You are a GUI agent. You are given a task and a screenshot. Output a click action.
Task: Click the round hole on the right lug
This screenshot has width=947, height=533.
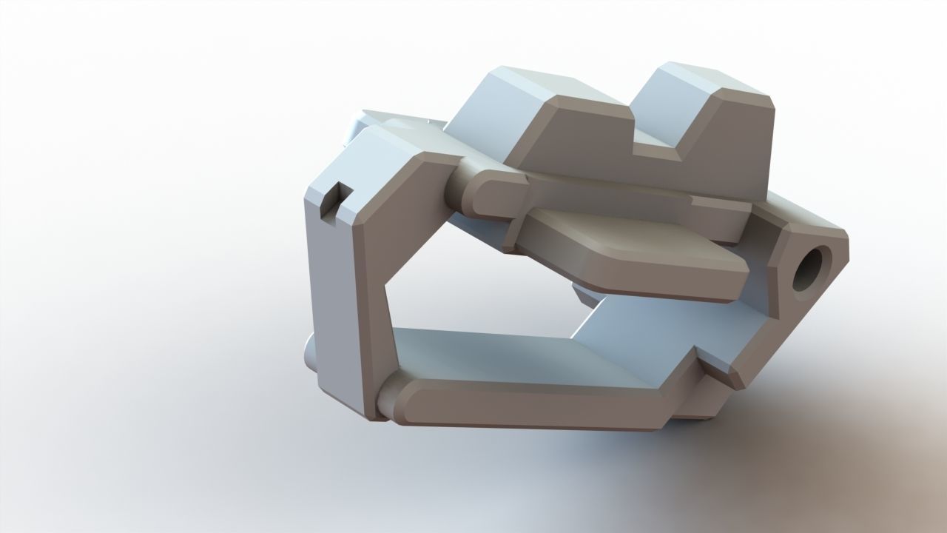tap(812, 269)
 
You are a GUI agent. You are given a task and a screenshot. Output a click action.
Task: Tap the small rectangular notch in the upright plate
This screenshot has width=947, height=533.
tap(335, 199)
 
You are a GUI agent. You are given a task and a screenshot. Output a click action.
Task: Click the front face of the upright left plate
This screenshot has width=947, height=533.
tap(370, 296)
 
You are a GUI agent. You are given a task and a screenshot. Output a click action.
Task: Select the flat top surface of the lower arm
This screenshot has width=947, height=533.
tap(503, 355)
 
